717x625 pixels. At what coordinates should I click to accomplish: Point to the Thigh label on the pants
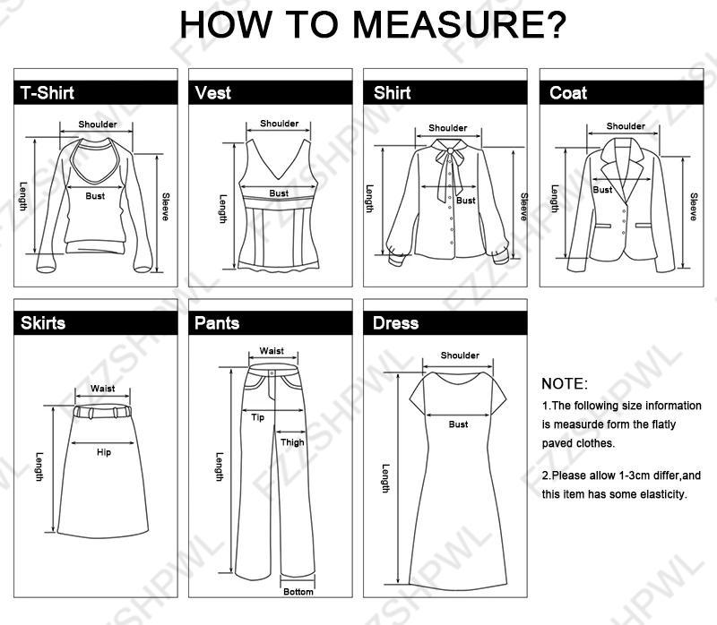(x=292, y=442)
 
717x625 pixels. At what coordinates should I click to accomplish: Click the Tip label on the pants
(x=258, y=418)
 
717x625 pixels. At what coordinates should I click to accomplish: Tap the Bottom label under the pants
(x=298, y=592)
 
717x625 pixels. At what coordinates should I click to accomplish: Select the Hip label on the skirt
(x=104, y=453)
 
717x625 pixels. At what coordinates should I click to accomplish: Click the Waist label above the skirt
(x=103, y=390)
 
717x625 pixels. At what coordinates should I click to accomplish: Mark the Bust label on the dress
(x=458, y=424)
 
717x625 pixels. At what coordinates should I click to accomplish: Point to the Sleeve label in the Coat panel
(x=693, y=207)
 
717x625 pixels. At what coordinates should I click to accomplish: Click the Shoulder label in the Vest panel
(x=279, y=124)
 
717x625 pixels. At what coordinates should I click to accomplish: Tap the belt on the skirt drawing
(x=103, y=413)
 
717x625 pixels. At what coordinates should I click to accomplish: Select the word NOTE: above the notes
(x=565, y=384)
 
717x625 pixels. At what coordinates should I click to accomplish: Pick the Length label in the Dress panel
(x=386, y=478)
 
